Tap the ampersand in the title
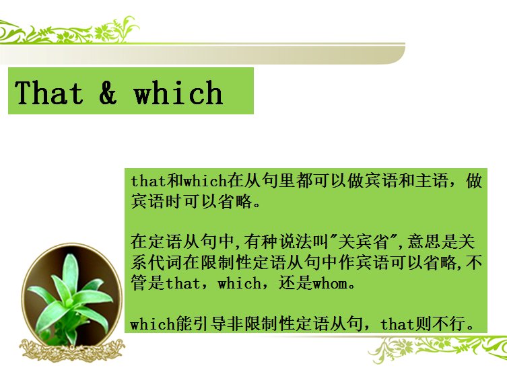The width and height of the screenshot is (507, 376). [108, 93]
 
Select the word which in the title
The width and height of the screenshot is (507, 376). [178, 93]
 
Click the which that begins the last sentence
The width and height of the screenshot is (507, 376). [152, 324]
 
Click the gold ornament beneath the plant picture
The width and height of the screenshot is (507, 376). [71, 350]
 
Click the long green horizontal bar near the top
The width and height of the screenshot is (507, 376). [202, 53]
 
